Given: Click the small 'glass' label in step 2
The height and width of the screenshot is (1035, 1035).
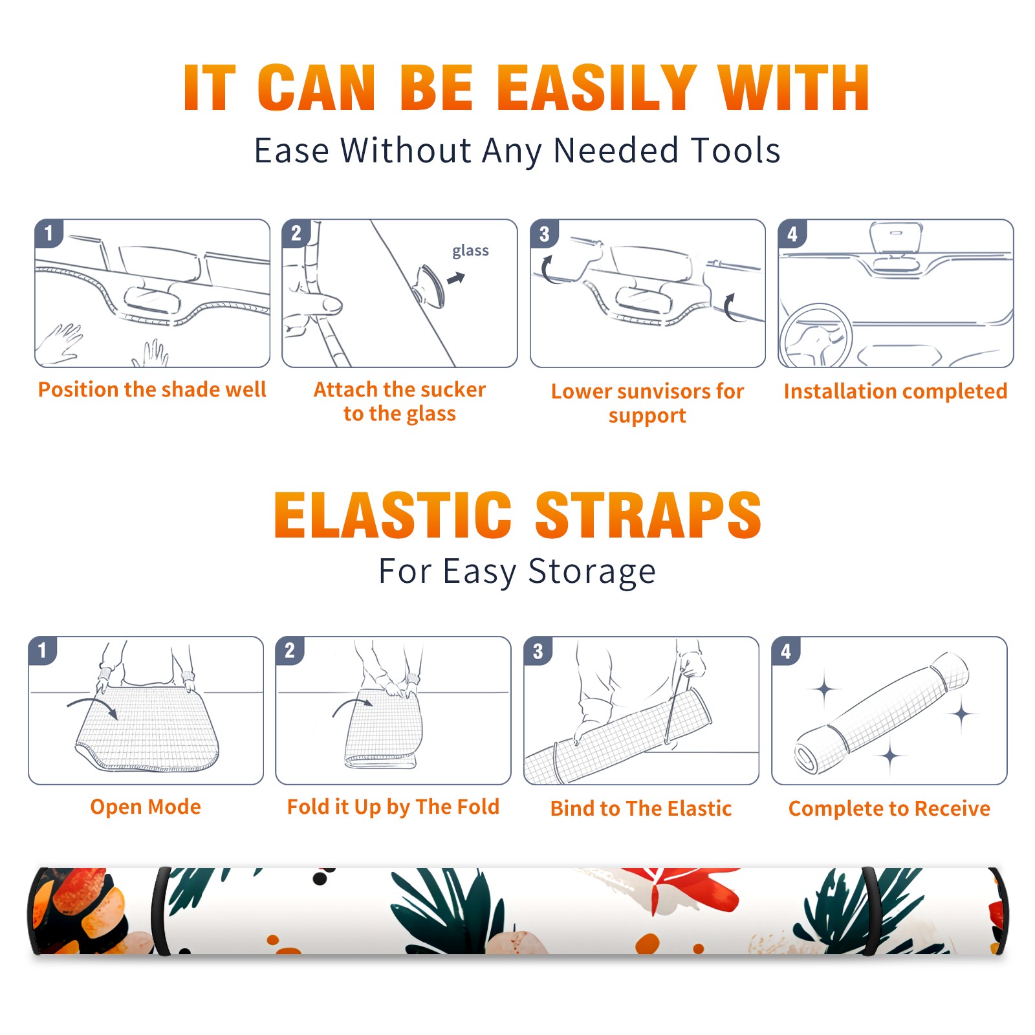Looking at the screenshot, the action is [470, 251].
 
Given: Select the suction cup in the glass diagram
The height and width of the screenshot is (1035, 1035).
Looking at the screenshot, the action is [429, 285].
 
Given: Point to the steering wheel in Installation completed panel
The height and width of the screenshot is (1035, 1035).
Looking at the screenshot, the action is [816, 336].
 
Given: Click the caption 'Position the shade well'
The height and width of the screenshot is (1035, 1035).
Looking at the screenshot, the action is [152, 389].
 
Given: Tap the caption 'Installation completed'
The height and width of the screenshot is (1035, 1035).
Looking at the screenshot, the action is [895, 391].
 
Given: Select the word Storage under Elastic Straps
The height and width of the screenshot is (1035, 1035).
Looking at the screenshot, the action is [592, 572].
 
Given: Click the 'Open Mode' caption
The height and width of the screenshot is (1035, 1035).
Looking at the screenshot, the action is [146, 807].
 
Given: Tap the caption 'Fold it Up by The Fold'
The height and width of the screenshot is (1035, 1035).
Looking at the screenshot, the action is [393, 807].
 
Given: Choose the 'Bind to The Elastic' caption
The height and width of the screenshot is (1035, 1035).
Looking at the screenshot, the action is [641, 809].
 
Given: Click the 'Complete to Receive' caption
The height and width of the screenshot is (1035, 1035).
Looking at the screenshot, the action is [889, 809].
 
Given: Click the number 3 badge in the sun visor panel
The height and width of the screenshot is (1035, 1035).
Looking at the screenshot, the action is [544, 234].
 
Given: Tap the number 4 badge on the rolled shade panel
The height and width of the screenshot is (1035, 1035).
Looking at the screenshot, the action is [785, 651].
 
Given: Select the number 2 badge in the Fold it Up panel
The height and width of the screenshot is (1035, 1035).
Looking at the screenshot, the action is [290, 651].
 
